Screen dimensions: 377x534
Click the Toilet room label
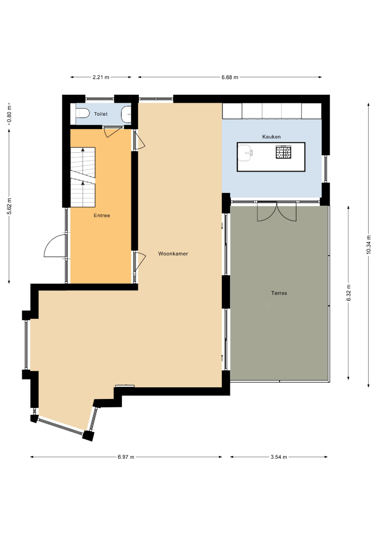pyautogui.click(x=101, y=114)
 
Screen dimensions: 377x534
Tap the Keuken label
pyautogui.click(x=272, y=137)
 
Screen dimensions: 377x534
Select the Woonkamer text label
pyautogui.click(x=173, y=254)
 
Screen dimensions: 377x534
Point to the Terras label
pyautogui.click(x=279, y=293)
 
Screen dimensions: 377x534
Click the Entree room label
pyautogui.click(x=102, y=216)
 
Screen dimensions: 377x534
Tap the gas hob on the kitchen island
pyautogui.click(x=284, y=152)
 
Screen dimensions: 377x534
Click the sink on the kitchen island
pyautogui.click(x=246, y=153)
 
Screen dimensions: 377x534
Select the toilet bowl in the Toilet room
pyautogui.click(x=82, y=113)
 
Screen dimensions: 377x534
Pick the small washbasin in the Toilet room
pyautogui.click(x=126, y=114)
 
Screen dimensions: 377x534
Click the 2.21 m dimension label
pyautogui.click(x=101, y=77)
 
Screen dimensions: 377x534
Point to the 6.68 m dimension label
pyautogui.click(x=230, y=77)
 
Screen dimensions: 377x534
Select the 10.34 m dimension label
pyautogui.click(x=369, y=245)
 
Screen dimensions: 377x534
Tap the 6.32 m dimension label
pyautogui.click(x=348, y=293)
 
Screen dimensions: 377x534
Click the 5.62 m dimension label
pyautogui.click(x=9, y=206)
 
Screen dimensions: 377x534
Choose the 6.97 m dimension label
pyautogui.click(x=126, y=457)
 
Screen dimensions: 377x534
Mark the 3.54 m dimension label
pyautogui.click(x=279, y=457)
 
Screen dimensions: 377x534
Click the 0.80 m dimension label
pyautogui.click(x=9, y=114)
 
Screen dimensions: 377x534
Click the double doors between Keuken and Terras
pyautogui.click(x=277, y=212)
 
